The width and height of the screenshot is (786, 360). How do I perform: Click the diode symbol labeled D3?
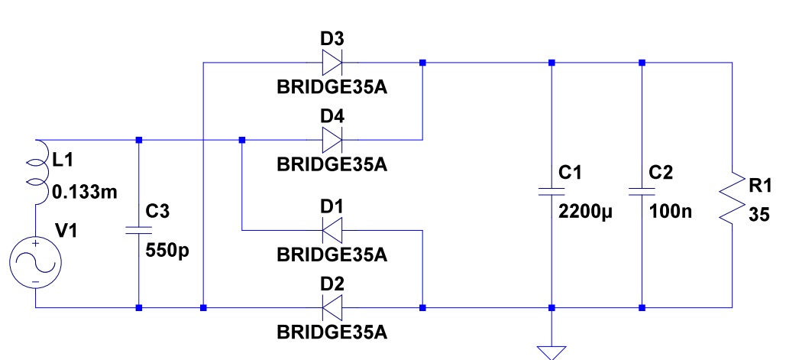331,63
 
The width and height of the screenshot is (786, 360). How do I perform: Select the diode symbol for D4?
331,141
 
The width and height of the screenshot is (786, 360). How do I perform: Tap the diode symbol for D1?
331,229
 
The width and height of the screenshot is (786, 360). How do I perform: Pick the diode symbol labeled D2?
331,308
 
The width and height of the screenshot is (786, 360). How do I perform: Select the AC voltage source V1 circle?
35,262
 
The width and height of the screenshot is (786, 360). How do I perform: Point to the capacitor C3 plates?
138,226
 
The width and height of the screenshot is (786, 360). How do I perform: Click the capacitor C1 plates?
550,190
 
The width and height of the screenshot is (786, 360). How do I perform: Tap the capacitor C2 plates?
642,190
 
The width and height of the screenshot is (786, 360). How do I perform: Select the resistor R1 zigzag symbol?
733,196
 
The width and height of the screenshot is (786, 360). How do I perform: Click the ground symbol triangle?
550,351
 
